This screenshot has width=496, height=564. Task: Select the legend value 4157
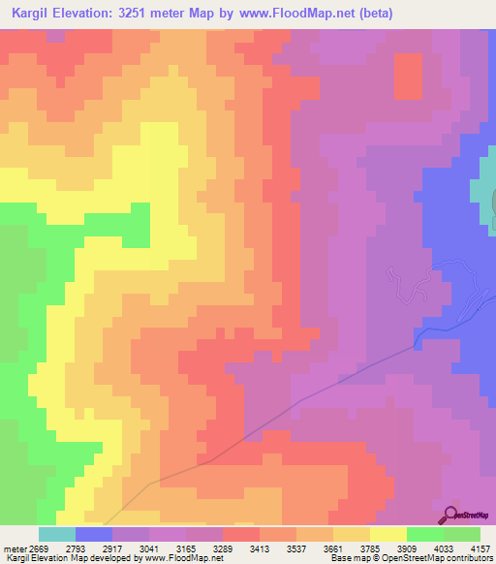click(478, 548)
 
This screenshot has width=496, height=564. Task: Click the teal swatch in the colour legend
click(57, 535)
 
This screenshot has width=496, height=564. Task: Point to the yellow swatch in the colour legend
click(388, 535)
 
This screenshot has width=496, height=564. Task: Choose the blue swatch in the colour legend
click(94, 535)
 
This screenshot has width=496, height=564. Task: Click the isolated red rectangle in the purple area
click(408, 76)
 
